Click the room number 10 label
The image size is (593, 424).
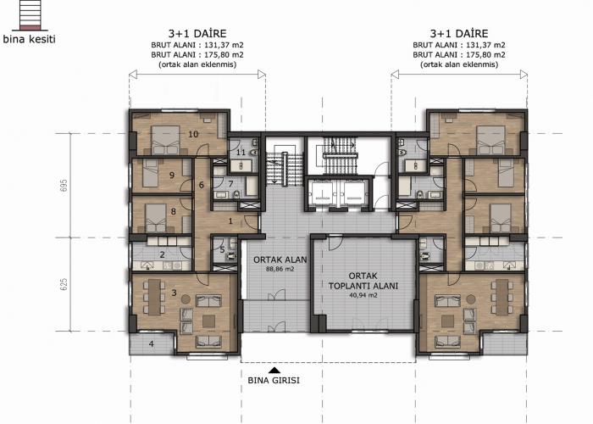coord(193,134)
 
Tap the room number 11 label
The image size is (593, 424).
coord(241,153)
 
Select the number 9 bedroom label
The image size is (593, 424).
coord(172,176)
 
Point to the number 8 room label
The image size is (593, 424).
coord(173,211)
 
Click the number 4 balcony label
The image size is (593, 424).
coord(152,344)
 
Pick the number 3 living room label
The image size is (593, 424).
coord(174,293)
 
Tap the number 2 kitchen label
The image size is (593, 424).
coord(163,254)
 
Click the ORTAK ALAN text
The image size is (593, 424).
coord(280,260)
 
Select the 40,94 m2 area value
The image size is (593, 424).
coord(363,295)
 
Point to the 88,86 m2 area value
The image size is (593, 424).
coord(280,269)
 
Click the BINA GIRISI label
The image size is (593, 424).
coord(274,380)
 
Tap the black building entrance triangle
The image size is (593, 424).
coord(274,371)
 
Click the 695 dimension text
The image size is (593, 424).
coord(64,185)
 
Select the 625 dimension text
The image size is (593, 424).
coord(64,284)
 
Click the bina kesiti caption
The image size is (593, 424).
coord(29,39)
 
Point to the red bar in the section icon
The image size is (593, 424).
coord(30,27)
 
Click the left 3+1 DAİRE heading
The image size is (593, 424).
coord(197,33)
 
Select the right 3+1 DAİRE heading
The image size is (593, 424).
coord(459,33)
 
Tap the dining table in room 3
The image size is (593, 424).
coord(154,297)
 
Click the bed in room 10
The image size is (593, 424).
coord(165,140)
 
